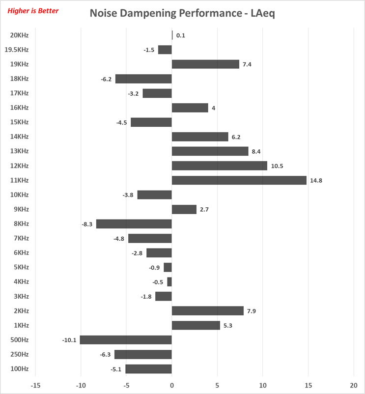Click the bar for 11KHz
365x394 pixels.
click(239, 180)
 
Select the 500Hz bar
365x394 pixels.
click(126, 340)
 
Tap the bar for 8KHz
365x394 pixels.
click(134, 224)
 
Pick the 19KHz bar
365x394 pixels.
click(205, 64)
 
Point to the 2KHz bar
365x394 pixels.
click(207, 311)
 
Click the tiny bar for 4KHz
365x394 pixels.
click(169, 282)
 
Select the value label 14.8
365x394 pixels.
click(316, 181)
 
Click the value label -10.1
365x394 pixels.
click(69, 340)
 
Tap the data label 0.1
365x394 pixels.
click(181, 36)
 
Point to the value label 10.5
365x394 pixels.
click(277, 166)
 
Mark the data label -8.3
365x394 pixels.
click(87, 225)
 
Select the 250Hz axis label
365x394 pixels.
click(19, 355)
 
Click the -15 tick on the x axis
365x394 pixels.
click(35, 385)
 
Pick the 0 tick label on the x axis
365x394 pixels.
click(172, 385)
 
